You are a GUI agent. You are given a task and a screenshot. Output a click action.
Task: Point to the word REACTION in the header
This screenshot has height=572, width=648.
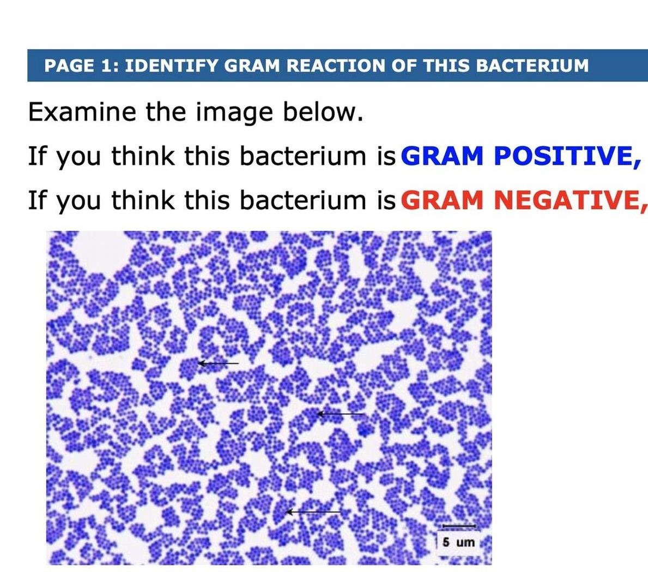coord(336,66)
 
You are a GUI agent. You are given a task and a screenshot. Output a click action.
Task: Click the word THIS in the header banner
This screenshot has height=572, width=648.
coord(446,66)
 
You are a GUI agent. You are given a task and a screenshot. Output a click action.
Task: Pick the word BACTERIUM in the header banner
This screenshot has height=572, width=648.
coord(532,66)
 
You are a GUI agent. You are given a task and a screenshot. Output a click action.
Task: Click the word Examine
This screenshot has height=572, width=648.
coord(82,112)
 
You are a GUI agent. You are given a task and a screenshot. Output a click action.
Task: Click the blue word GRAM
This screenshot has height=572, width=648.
coord(443,157)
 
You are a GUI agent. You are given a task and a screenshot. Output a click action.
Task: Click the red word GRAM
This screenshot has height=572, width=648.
coord(443,200)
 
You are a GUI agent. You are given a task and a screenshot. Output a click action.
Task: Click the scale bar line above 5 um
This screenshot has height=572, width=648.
coord(458,526)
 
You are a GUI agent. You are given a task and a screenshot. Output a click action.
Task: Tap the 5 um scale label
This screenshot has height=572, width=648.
coord(458,542)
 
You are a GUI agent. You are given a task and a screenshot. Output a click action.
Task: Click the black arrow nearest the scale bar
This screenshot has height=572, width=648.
coord(314,512)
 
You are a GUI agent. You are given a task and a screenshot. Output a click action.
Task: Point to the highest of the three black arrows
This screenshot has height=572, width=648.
coord(218,363)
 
